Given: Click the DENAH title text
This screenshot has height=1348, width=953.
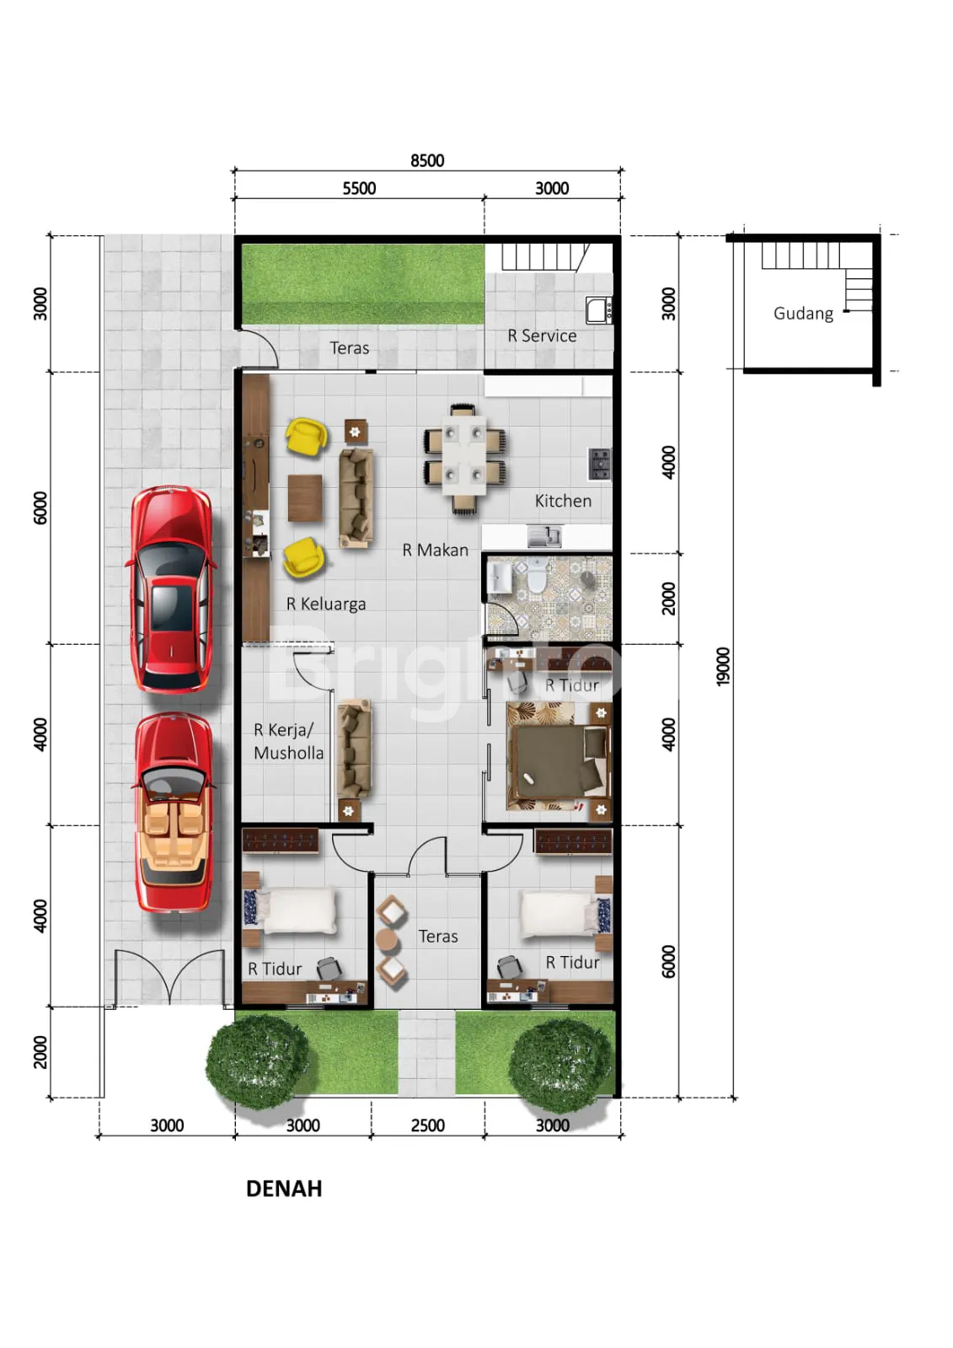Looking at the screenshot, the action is coord(284,1189).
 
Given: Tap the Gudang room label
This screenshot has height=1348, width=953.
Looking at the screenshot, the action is coord(803,314).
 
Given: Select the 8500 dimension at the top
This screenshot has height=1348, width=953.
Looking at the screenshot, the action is coord(427,161).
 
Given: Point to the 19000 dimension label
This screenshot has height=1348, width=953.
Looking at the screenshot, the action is coord(723,666).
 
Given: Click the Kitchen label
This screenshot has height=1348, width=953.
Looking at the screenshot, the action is coord(563,501).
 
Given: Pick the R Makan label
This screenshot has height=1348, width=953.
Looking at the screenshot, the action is coord(435,550).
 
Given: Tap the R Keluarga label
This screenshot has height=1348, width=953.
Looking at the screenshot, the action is coord(326,604).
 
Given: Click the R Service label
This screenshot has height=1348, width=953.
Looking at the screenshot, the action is coord(542,336).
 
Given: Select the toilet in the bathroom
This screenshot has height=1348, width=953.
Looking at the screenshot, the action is coord(535,574).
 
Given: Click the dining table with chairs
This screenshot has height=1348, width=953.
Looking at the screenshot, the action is coord(464,459).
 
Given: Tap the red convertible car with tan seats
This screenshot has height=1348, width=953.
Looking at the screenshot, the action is coord(174,813).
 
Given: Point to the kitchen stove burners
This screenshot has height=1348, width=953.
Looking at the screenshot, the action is coord(599,464).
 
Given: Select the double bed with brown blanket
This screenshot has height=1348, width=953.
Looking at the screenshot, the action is coord(559,756).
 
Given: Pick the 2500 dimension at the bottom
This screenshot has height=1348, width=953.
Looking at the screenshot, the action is coord(428,1125).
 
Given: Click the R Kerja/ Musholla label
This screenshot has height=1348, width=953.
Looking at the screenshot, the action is coord(289,741).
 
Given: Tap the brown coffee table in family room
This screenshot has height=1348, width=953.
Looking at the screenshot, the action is coord(304,497).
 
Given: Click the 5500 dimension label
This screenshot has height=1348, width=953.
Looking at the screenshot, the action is coord(359,188).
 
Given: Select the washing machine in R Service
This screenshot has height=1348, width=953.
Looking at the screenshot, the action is coord(598,310).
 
